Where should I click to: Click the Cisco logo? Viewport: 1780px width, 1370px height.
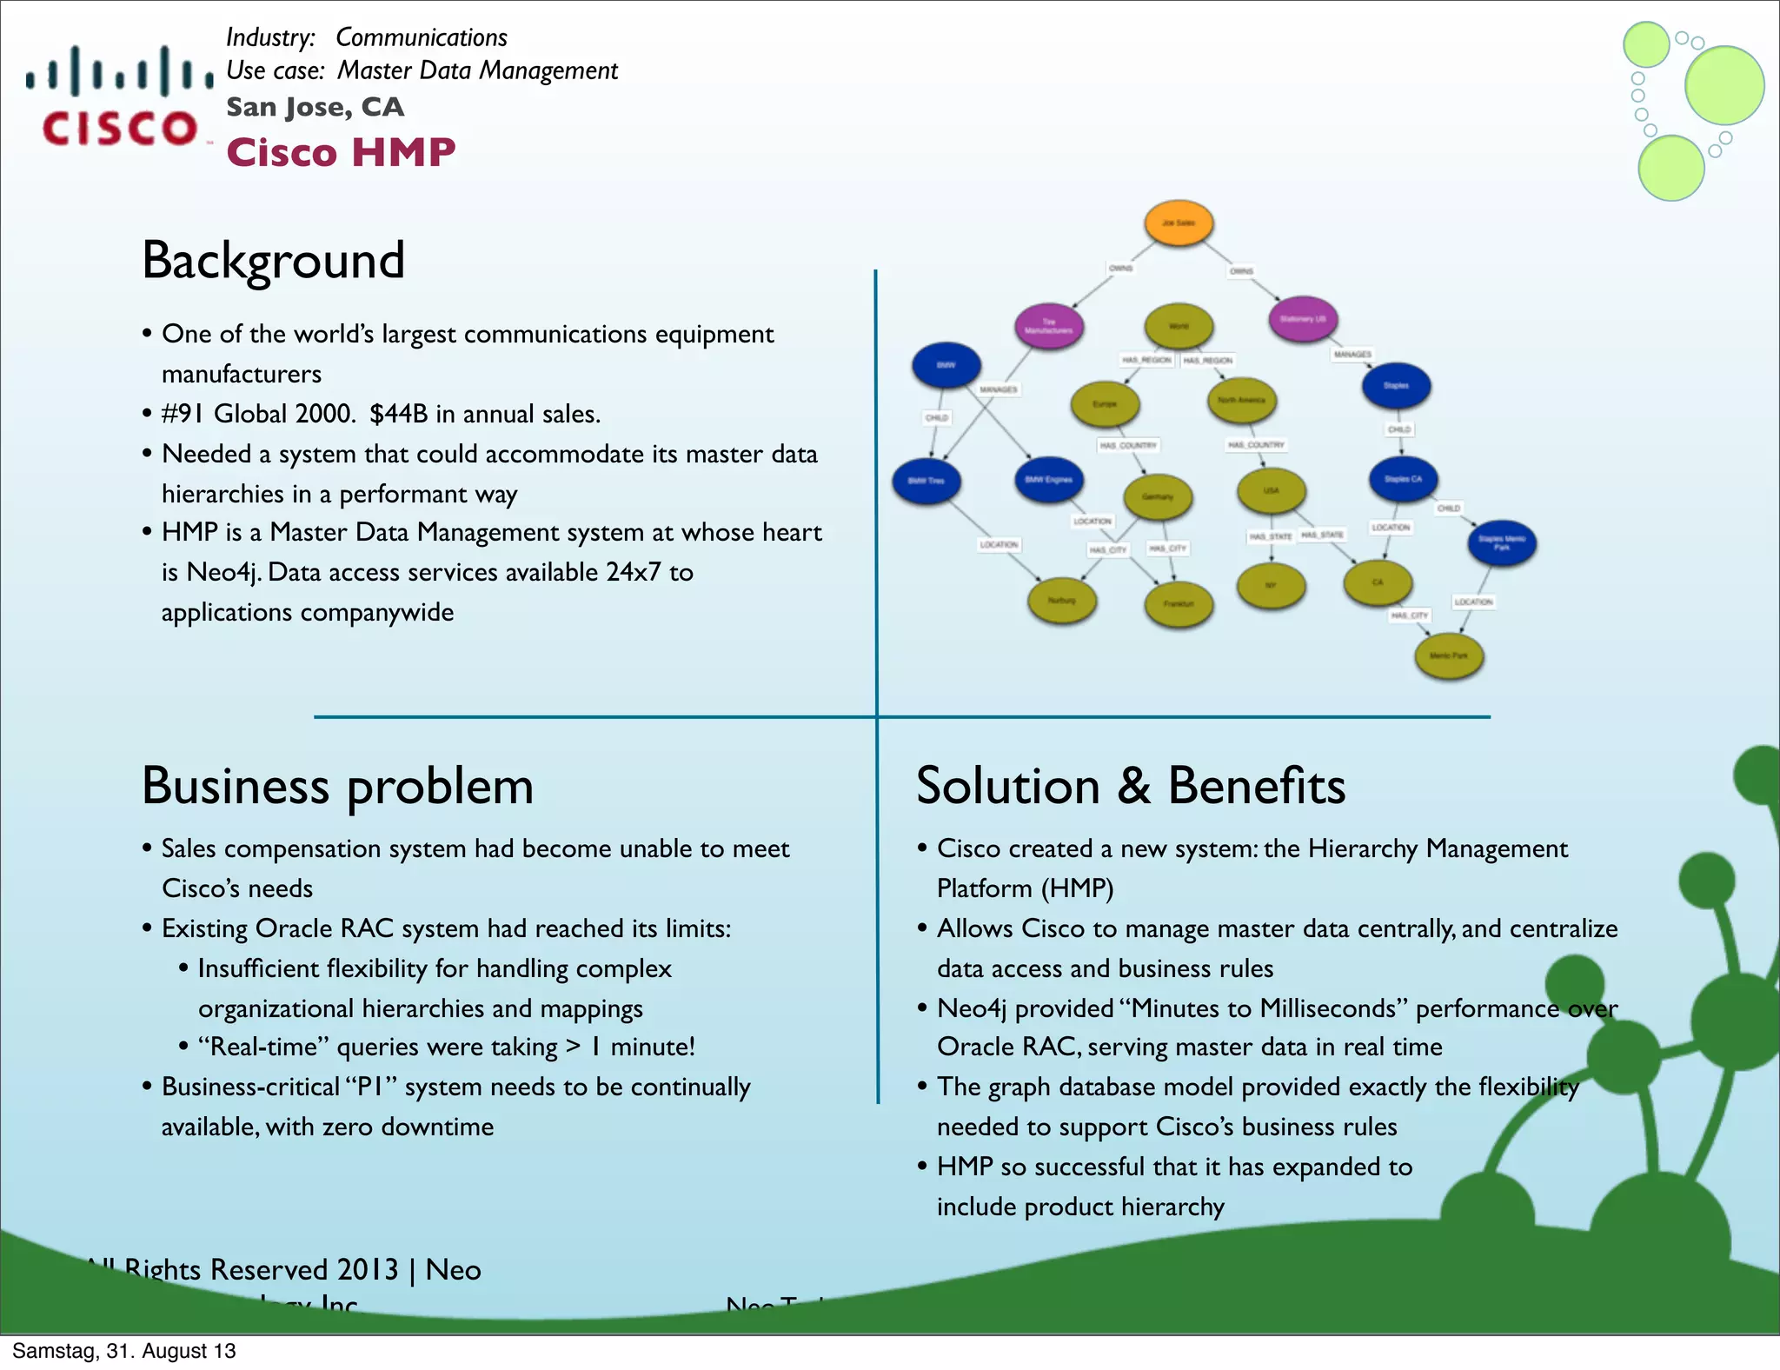(x=120, y=96)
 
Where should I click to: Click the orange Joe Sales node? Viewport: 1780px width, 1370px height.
(x=1179, y=223)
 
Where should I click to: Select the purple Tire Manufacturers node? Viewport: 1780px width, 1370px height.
(x=1048, y=326)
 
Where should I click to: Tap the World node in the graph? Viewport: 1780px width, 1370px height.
(x=1179, y=326)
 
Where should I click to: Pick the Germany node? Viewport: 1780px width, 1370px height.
(x=1157, y=496)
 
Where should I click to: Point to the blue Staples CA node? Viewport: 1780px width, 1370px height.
(x=1403, y=479)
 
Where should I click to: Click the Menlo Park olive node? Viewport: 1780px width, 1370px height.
(x=1448, y=655)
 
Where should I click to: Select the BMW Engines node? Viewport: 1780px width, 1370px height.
(x=1048, y=480)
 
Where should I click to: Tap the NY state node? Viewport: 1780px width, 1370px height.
(x=1271, y=585)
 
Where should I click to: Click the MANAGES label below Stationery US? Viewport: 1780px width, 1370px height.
(x=1352, y=355)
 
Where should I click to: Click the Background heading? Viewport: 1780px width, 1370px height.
(x=273, y=260)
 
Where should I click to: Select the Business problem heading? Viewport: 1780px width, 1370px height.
(x=337, y=786)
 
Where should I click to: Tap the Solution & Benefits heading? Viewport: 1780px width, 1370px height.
(x=1130, y=786)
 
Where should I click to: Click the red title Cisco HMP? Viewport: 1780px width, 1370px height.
(x=341, y=153)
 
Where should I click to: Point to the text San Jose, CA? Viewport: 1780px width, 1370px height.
(x=315, y=107)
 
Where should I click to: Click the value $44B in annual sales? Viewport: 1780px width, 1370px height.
(x=484, y=414)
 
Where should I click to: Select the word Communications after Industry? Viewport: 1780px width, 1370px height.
(x=421, y=37)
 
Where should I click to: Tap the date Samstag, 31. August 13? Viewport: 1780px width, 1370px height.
(x=123, y=1351)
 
